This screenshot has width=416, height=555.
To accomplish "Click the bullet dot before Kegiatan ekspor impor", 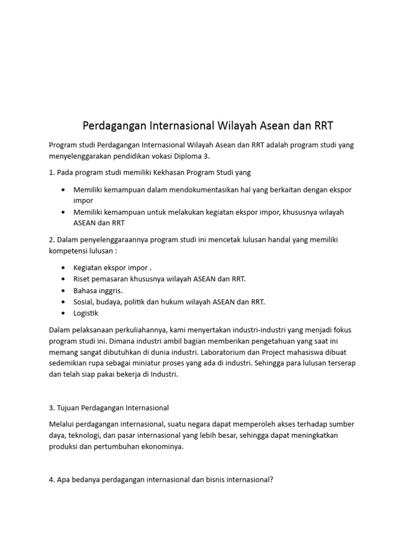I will coord(63,268).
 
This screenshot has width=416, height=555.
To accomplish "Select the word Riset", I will coord(82,279).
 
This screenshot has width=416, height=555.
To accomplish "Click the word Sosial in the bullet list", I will coord(84,302).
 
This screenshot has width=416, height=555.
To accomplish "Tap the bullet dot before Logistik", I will coord(63,313).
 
